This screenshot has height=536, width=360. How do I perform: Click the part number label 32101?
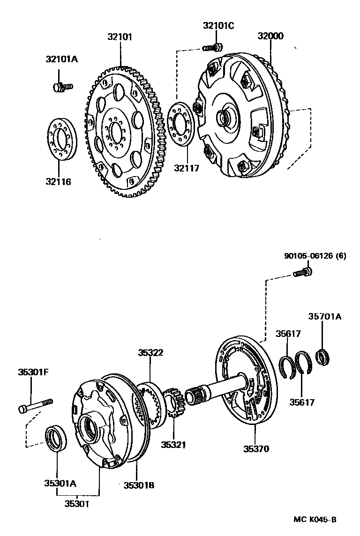[x=120, y=36]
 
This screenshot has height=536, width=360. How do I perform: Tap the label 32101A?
[x=61, y=59]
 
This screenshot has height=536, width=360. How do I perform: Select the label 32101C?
[x=218, y=26]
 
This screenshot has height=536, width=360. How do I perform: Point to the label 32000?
[x=270, y=36]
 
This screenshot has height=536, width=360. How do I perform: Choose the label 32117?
[x=187, y=167]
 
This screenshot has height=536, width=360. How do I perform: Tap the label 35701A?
[x=325, y=317]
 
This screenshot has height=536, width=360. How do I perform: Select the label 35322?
[x=150, y=352]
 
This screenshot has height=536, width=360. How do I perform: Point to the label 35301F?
[x=33, y=372]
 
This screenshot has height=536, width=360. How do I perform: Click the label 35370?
[x=256, y=448]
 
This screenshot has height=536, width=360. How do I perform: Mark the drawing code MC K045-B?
[x=315, y=519]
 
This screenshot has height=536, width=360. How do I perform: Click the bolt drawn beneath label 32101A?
[x=61, y=86]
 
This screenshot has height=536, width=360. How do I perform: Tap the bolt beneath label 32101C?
[x=213, y=47]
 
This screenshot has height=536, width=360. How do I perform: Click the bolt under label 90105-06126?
[x=302, y=272]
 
